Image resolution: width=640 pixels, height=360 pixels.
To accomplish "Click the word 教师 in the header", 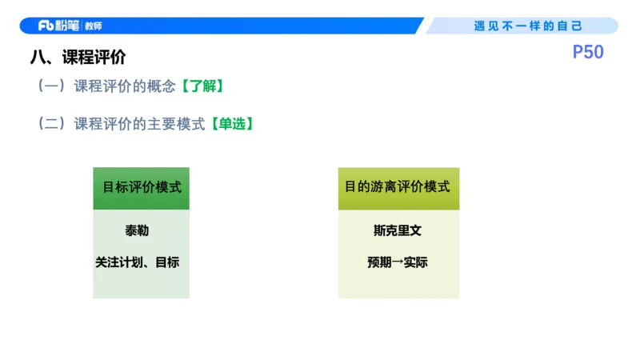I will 94,26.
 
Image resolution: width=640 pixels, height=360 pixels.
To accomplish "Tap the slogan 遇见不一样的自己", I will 528,26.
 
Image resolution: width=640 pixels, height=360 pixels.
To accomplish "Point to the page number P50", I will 588,52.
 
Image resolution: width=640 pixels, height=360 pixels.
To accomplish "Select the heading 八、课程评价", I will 78,58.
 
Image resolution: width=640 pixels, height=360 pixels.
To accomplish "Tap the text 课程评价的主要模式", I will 140,124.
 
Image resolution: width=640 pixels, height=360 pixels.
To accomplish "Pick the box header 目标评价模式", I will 142,187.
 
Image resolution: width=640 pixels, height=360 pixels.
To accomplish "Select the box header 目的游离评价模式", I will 398,187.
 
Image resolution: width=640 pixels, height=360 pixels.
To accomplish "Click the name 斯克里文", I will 398,230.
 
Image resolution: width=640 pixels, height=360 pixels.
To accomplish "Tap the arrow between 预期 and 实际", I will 398,262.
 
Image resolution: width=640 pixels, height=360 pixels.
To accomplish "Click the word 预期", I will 379,262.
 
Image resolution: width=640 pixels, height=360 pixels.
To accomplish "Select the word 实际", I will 416,262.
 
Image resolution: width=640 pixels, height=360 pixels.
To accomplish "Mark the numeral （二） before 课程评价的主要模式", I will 51,124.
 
